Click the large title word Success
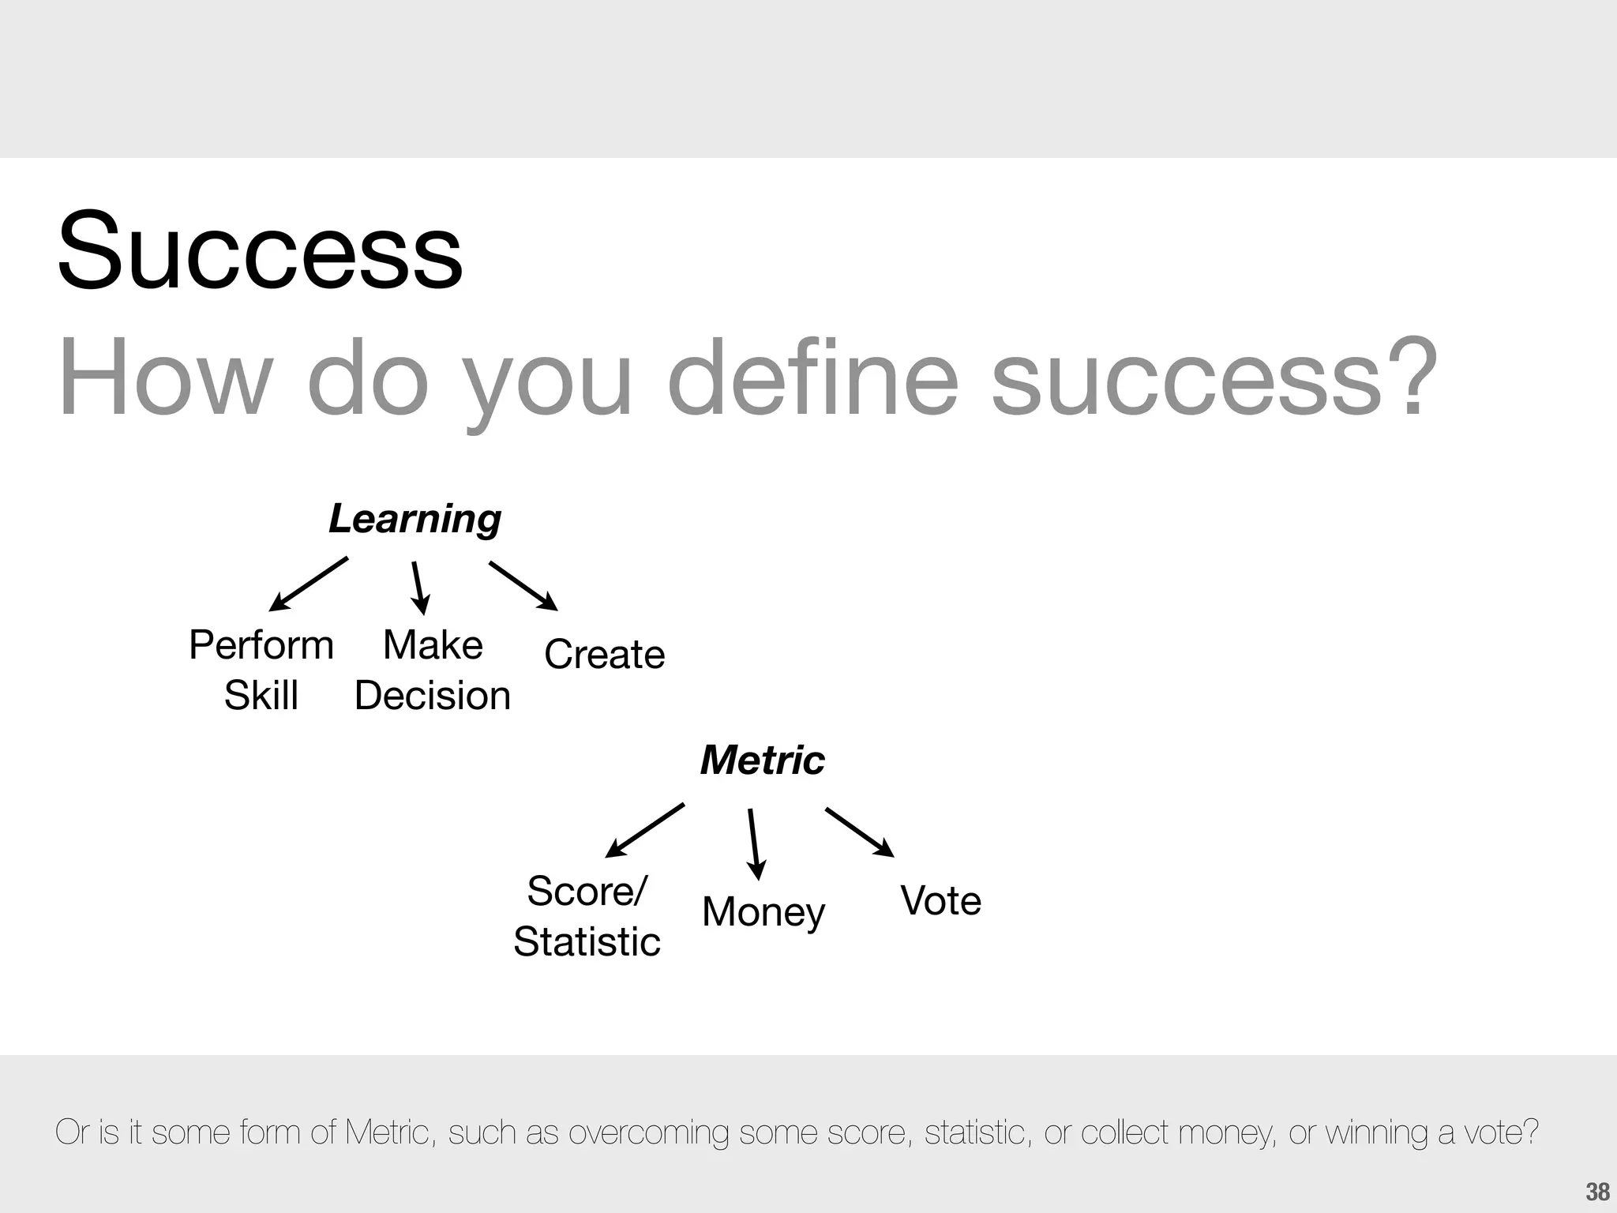coord(260,251)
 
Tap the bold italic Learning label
coord(415,520)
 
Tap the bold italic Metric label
coord(762,760)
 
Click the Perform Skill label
coord(261,670)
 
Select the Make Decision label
coord(433,670)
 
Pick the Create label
coord(605,655)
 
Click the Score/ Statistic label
coord(587,916)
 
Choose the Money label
coord(763,912)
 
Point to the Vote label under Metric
coord(940,901)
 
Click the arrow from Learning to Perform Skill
coord(309,584)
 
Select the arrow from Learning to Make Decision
coord(419,588)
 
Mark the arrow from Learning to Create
coord(523,586)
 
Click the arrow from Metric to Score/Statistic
coord(644,831)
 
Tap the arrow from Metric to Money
coord(754,843)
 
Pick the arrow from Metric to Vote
coord(859,832)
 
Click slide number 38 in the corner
coord(1597,1192)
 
